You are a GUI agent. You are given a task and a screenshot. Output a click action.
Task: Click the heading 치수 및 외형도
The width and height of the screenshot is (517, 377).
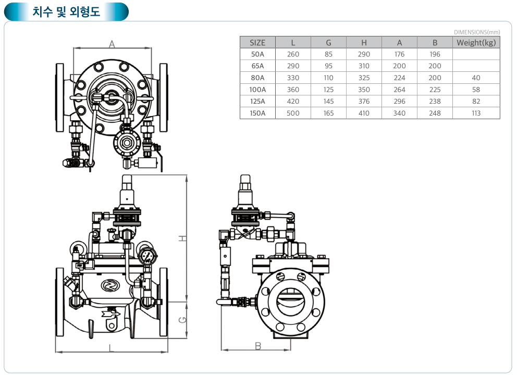point(66,11)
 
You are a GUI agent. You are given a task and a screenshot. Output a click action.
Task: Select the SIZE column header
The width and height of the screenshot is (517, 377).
point(257,43)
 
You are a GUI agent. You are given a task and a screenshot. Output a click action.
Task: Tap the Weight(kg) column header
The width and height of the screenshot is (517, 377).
point(476,43)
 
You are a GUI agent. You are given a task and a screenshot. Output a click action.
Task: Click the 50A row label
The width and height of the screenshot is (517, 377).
point(257,54)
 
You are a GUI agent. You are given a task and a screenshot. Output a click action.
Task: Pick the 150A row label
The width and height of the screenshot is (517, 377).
point(257,113)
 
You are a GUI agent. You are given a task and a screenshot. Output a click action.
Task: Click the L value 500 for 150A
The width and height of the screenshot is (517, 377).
point(293,113)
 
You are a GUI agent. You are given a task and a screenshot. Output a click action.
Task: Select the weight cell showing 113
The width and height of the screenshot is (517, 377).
point(476,113)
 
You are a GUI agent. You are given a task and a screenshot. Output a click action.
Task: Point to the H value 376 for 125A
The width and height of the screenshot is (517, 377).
point(364,102)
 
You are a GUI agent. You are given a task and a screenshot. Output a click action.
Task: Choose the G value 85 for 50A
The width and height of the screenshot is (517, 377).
point(328,54)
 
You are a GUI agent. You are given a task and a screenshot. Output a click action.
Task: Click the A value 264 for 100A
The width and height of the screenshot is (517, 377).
point(399,90)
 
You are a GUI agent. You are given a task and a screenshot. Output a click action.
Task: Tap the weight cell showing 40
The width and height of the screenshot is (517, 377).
point(476,78)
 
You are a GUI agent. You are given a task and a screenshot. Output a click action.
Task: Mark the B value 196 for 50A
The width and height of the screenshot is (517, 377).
point(435,54)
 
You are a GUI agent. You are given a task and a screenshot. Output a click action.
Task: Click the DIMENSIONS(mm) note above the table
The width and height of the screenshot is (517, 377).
point(477,32)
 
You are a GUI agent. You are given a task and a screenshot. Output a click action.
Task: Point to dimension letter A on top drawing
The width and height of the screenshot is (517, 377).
point(112,45)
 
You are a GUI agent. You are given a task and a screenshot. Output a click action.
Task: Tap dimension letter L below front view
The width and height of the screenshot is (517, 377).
point(112,347)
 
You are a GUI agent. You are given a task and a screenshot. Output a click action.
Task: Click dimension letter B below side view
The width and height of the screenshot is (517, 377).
point(258,345)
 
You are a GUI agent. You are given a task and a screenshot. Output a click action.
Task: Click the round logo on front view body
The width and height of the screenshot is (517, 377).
point(110,285)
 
